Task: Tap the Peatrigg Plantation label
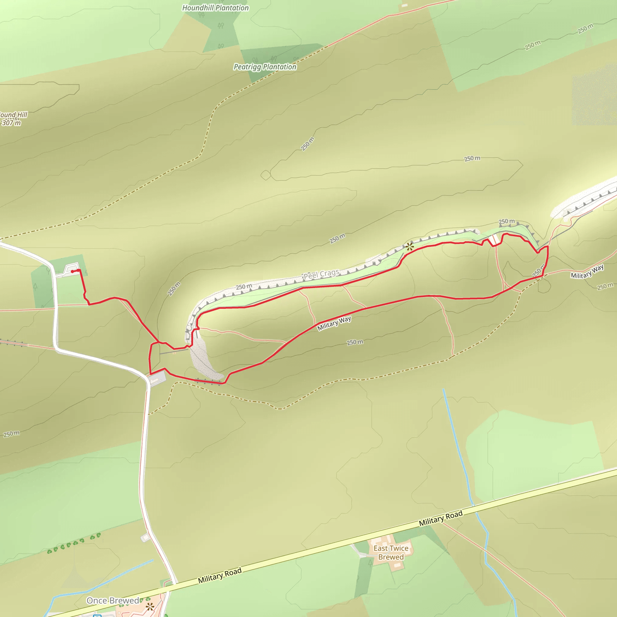click(x=265, y=67)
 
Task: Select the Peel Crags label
click(x=321, y=274)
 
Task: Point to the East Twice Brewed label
click(x=391, y=553)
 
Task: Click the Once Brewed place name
click(x=113, y=601)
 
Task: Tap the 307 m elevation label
click(x=11, y=123)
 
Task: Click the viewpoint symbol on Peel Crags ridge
click(x=409, y=246)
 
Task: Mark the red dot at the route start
click(x=72, y=271)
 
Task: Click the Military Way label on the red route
click(x=334, y=323)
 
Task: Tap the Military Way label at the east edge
click(x=587, y=271)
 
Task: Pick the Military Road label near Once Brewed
click(x=219, y=575)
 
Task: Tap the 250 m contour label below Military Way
click(x=355, y=342)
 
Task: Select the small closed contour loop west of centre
click(x=266, y=175)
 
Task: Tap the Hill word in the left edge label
click(x=22, y=115)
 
